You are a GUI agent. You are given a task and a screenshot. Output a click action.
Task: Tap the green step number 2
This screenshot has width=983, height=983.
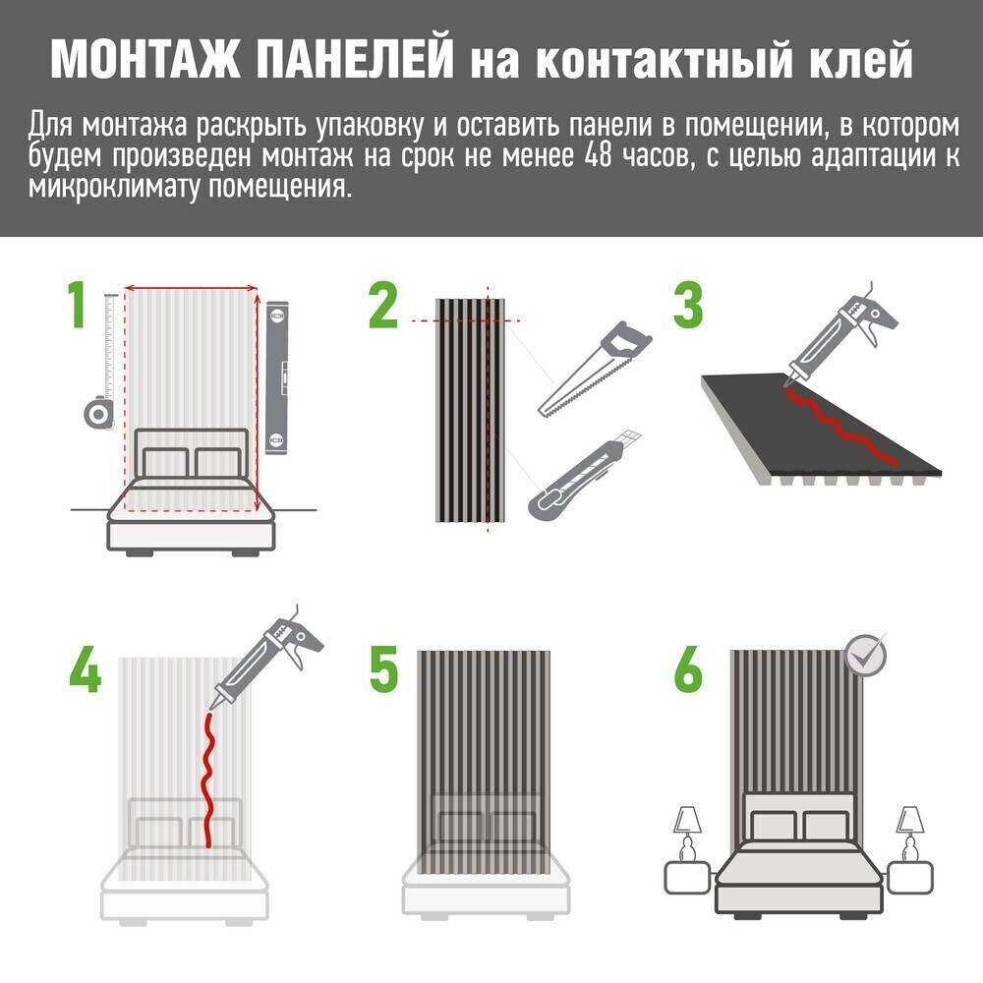(x=383, y=306)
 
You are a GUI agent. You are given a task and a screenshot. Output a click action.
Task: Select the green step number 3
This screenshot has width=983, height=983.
(x=688, y=306)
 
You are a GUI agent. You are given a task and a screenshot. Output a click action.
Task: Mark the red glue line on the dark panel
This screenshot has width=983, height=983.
(x=838, y=429)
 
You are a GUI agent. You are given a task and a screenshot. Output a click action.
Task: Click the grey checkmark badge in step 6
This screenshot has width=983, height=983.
(x=865, y=655)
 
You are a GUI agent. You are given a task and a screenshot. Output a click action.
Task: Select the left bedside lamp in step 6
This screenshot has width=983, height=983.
(x=688, y=835)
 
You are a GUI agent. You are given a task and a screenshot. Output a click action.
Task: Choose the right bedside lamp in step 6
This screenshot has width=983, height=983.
(x=909, y=835)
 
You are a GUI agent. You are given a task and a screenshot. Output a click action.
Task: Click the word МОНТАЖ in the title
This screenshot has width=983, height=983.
(x=145, y=60)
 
